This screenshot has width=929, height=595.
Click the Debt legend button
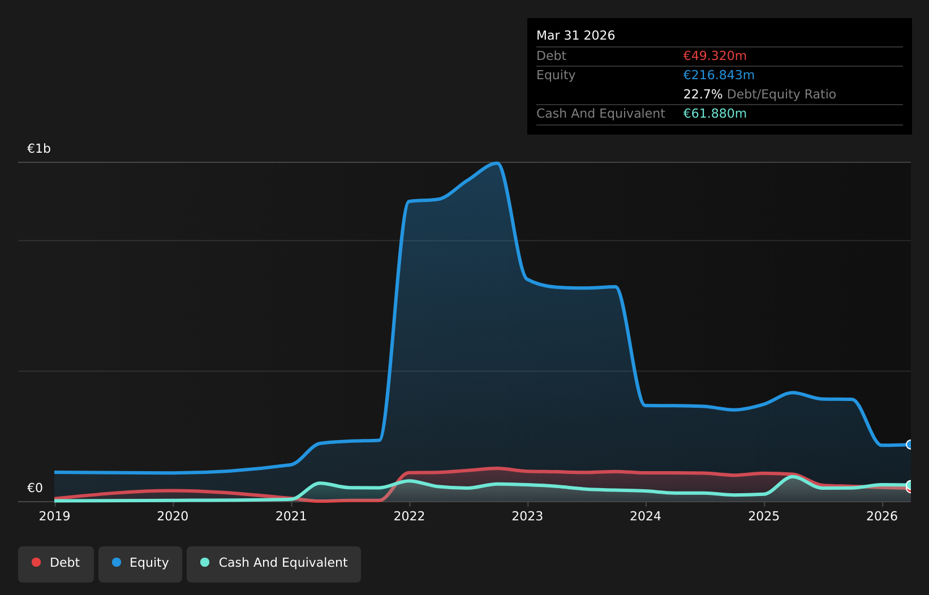pyautogui.click(x=56, y=564)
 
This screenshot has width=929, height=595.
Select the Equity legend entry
pyautogui.click(x=140, y=564)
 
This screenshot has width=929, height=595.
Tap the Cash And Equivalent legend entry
pyautogui.click(x=274, y=564)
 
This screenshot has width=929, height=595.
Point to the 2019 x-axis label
pyautogui.click(x=54, y=516)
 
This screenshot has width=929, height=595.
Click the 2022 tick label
pyautogui.click(x=410, y=516)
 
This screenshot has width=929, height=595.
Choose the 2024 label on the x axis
pyautogui.click(x=646, y=516)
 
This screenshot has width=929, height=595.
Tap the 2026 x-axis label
pyautogui.click(x=882, y=516)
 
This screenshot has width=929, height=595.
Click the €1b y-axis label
pyautogui.click(x=38, y=148)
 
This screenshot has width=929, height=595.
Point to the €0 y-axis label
pyautogui.click(x=35, y=488)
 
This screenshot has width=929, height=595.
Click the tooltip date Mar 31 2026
pyautogui.click(x=575, y=36)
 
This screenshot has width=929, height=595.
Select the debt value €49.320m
pyautogui.click(x=715, y=55)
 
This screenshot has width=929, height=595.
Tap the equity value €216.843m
pyautogui.click(x=719, y=75)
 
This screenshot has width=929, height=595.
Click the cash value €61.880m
pyautogui.click(x=715, y=114)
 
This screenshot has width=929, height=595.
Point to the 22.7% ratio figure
pyautogui.click(x=703, y=94)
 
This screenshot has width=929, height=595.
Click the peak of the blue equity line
pyautogui.click(x=496, y=163)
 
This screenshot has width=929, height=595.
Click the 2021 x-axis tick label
pyautogui.click(x=291, y=516)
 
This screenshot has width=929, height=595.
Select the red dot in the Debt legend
pyautogui.click(x=37, y=562)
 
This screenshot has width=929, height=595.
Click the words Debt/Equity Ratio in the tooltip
pyautogui.click(x=781, y=94)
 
